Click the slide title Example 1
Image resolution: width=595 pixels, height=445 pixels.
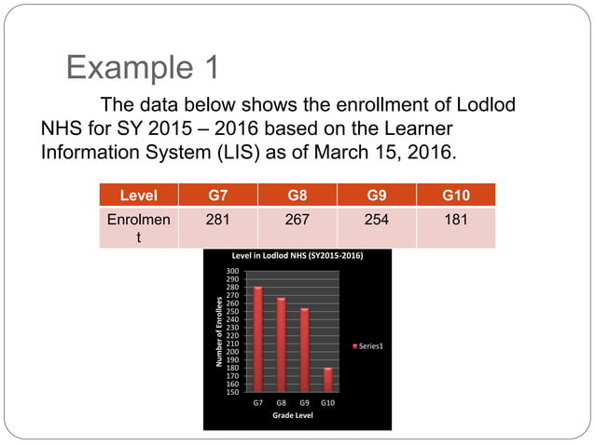coord(143,67)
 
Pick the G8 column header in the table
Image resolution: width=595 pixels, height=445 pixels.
coord(297,195)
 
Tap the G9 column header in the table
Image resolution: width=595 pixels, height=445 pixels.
coord(377,195)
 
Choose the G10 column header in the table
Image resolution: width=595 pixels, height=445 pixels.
coord(456,195)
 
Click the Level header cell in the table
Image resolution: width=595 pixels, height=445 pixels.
coord(138,195)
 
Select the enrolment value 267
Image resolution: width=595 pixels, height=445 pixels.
coord(297,220)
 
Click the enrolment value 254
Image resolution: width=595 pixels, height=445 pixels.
coord(377,220)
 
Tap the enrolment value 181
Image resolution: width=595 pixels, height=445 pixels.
coord(456,220)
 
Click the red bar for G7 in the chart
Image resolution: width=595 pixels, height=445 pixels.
coord(257,340)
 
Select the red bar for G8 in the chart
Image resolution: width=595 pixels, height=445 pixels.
coord(281,344)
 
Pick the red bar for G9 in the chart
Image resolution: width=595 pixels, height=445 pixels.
coord(304,350)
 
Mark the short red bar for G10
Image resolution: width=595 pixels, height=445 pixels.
coord(327,380)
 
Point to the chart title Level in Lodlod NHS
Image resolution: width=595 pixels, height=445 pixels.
coord(297,255)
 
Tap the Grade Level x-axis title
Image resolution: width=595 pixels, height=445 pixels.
coord(292,415)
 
